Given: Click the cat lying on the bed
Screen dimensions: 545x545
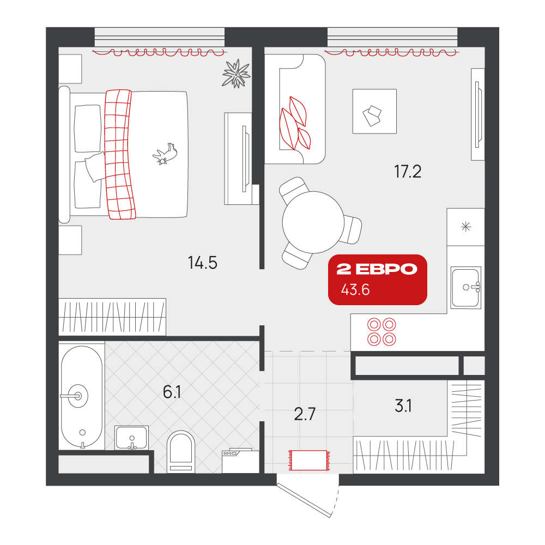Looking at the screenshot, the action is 165,154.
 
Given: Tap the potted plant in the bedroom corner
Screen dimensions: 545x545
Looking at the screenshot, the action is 237,74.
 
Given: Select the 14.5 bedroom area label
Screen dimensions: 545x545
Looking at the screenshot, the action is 203,263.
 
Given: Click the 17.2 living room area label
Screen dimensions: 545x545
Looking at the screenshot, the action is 408,172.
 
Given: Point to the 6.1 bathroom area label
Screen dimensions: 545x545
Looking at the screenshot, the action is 172,392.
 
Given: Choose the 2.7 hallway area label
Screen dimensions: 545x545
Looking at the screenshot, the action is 305,414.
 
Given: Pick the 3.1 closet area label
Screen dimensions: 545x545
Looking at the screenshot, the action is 403,405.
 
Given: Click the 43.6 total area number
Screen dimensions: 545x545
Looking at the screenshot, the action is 355,289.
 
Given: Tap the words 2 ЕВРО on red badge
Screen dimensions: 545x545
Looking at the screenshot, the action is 377,269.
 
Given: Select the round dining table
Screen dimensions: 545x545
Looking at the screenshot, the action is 313,222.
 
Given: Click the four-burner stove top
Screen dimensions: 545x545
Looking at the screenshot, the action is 381,331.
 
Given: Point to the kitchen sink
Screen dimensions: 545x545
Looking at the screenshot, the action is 466,287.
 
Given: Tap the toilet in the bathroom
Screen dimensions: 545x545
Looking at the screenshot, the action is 181,451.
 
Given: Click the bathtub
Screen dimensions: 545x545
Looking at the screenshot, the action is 82,397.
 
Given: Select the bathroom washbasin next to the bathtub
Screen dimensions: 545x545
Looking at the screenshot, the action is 132,438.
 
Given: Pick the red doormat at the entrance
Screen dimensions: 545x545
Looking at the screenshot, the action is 309,460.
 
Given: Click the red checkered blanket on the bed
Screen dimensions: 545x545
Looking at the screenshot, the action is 120,155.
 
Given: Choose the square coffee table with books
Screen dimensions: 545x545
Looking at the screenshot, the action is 375,111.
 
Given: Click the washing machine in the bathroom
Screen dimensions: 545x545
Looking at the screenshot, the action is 240,461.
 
